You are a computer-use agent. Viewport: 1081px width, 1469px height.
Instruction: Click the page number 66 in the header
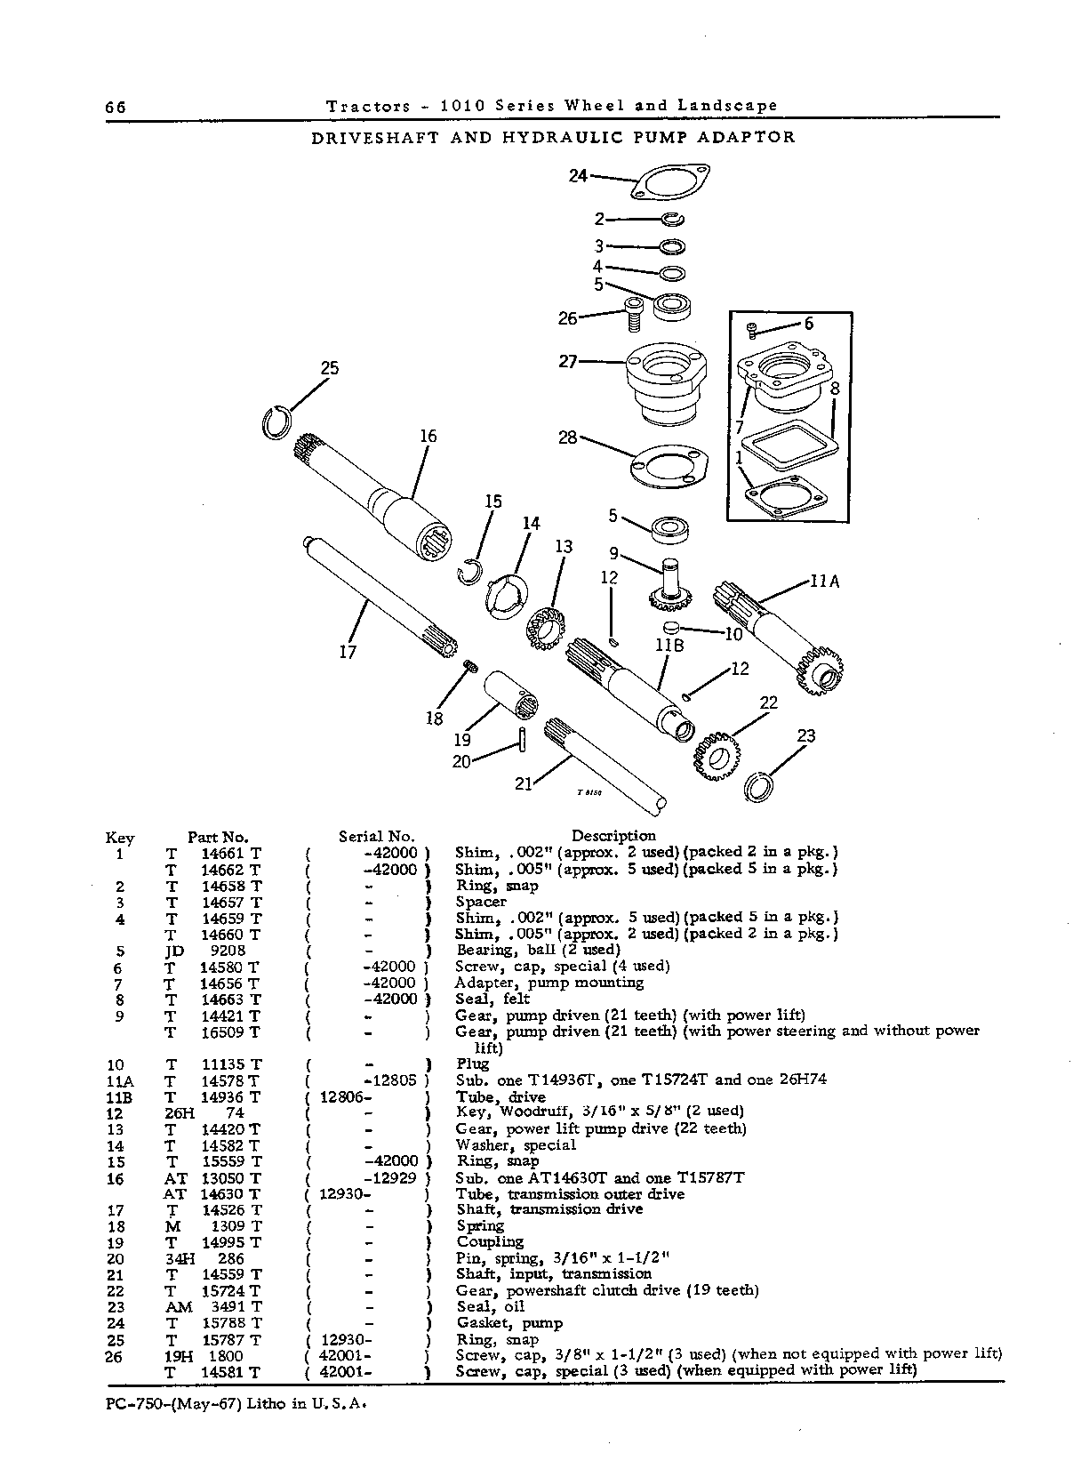pos(116,107)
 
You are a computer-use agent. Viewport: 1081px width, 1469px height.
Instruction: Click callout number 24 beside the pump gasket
pos(578,176)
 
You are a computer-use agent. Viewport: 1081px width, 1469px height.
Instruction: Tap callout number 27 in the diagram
pos(568,361)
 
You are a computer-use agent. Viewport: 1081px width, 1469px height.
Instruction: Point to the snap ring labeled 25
pos(276,423)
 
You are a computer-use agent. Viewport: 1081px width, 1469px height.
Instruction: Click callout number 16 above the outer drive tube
pos(428,436)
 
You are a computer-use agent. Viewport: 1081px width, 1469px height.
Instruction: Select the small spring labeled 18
pos(470,666)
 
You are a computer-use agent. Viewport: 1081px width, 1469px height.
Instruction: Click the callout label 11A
pos(825,581)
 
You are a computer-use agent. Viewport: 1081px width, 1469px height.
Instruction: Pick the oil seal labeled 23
pos(757,786)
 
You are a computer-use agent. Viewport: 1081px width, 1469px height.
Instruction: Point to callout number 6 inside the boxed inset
pos(808,324)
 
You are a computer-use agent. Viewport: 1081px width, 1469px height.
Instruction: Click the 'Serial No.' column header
pos(377,837)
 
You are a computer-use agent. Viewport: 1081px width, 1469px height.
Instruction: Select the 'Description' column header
pos(613,836)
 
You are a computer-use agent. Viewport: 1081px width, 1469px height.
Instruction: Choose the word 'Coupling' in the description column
pos(490,1242)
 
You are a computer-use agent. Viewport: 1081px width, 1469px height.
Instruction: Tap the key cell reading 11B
pos(118,1097)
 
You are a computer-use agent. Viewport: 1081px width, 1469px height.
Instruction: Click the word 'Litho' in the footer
pos(268,1403)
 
